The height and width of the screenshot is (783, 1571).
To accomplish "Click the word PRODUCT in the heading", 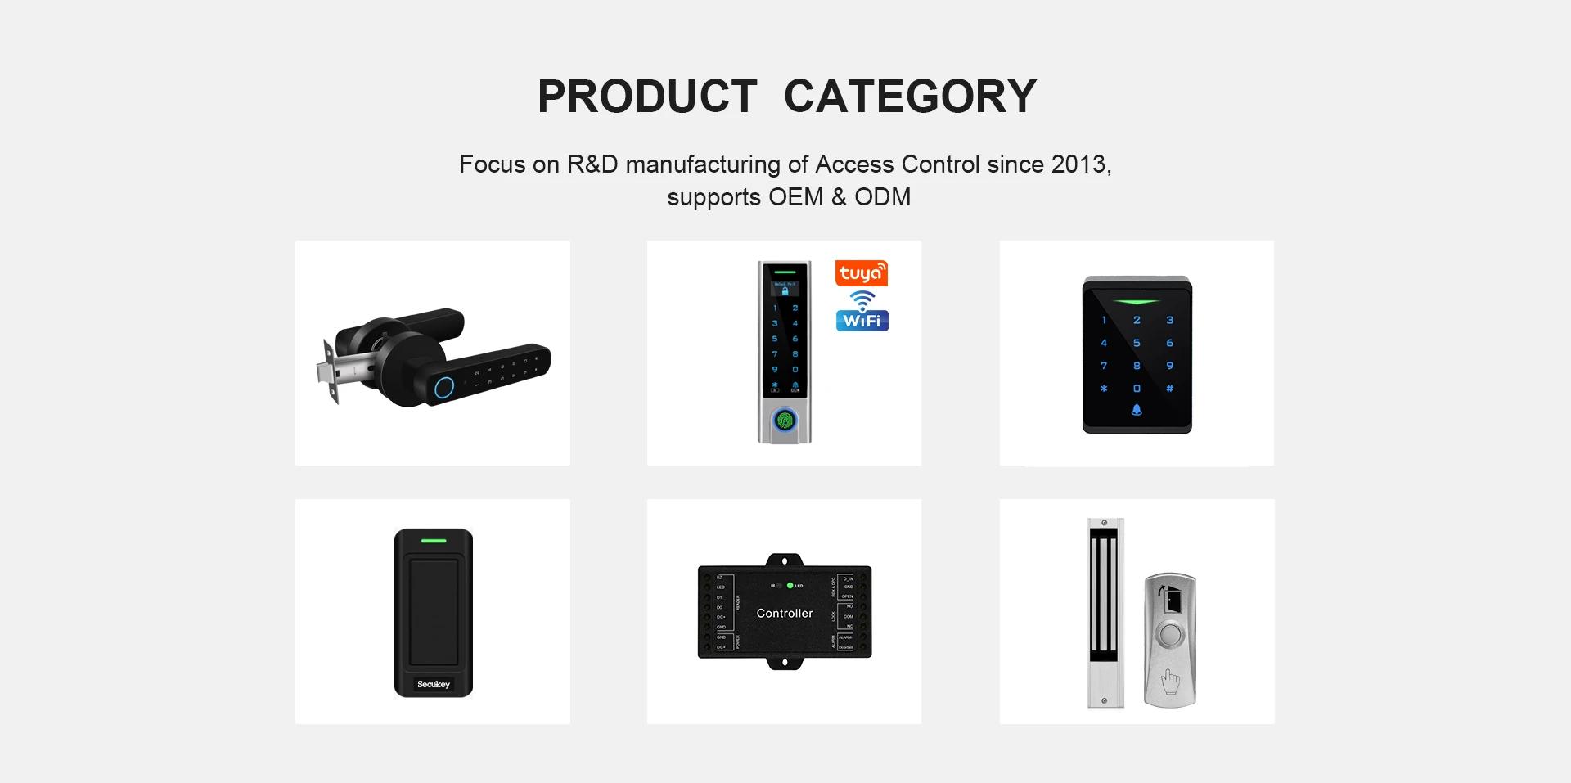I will coord(647,97).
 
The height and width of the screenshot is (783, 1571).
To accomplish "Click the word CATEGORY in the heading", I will coord(910,97).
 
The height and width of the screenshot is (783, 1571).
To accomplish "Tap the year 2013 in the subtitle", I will coord(1078,164).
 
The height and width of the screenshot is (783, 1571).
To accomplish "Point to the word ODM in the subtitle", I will coord(882,197).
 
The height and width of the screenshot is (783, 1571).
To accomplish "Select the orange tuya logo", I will coord(861,272).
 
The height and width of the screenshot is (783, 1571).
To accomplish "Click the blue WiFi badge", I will coord(862,320).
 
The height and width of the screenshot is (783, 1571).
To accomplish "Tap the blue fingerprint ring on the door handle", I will coord(443,387).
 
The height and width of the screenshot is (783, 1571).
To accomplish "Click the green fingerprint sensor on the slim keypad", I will coord(785,421).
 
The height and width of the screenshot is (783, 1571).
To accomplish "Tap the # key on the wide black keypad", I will coord(1169,389).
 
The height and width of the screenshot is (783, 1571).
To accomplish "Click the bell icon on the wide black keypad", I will coord(1137,410).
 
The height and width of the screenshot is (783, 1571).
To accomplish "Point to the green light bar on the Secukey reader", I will coord(434,541).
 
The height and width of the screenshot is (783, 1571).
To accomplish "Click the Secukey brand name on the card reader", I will coord(434,684).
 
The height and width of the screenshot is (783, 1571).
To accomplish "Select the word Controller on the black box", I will coord(785,614).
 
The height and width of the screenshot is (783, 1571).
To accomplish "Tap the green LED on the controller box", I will coord(790,586).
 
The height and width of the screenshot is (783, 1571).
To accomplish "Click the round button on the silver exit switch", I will coord(1171,635).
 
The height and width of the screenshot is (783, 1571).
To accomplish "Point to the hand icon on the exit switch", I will coord(1171,680).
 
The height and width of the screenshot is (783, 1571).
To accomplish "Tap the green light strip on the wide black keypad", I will coord(1137,302).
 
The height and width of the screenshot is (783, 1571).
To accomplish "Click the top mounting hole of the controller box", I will coord(785,561).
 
